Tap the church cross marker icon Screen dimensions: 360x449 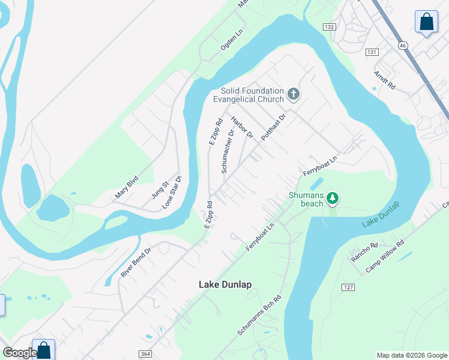[294, 94]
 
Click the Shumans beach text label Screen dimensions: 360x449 [307, 199]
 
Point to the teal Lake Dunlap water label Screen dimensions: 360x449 [381, 215]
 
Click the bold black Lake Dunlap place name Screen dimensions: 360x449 [225, 284]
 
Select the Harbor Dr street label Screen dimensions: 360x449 [243, 127]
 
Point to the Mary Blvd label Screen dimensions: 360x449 [127, 187]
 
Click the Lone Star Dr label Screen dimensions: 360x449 [172, 192]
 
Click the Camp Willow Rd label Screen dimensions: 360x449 [385, 256]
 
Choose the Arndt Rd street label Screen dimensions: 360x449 [385, 80]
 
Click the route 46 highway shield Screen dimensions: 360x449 [403, 45]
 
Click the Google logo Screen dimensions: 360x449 [19, 353]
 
